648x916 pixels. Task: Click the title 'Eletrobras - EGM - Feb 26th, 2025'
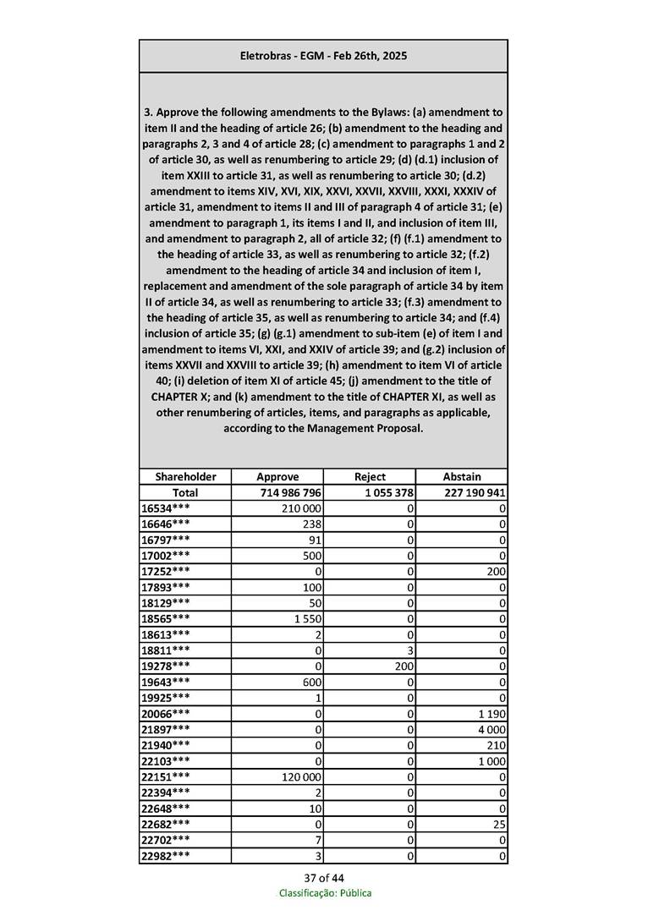(323, 56)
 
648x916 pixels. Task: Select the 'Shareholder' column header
(185, 477)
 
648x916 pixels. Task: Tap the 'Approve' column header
(277, 477)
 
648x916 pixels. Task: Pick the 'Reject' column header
(370, 477)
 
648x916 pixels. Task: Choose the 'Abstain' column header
(462, 477)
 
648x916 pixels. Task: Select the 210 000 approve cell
(301, 508)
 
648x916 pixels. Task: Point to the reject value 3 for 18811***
(409, 650)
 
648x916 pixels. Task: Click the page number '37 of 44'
(324, 877)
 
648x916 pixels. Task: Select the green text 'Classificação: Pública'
(325, 893)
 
